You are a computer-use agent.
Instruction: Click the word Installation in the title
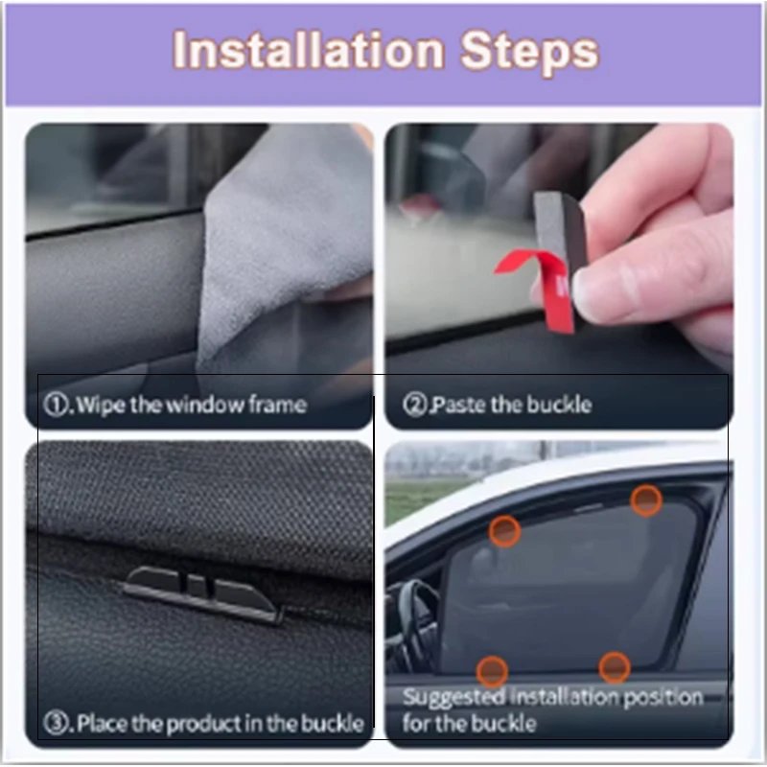point(309,51)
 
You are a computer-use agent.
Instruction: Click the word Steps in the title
point(530,53)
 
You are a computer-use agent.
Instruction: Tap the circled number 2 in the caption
point(414,405)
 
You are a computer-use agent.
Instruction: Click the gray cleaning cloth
point(286,244)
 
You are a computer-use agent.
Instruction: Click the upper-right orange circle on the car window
point(646,500)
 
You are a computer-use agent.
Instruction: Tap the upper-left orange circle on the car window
point(505,531)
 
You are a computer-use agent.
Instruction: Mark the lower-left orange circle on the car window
point(492,670)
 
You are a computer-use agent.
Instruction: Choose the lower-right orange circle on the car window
point(615,667)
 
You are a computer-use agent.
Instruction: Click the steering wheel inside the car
point(416,621)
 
